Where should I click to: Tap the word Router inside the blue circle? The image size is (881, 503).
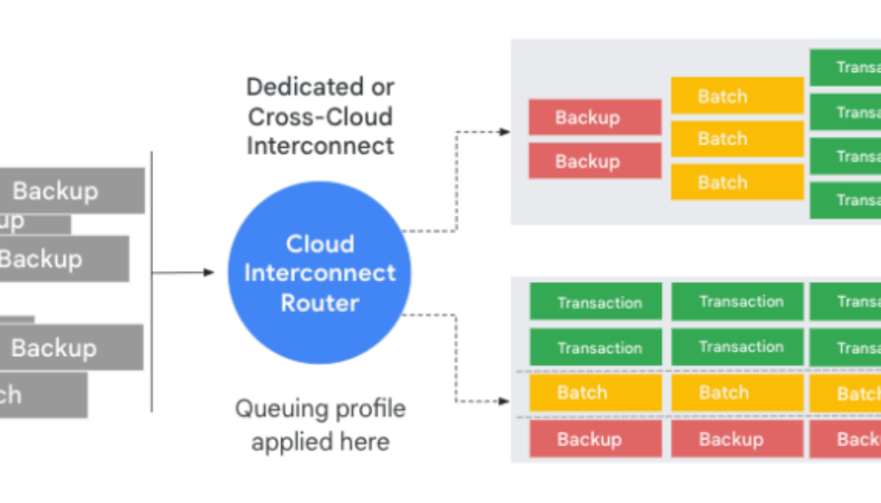(320, 303)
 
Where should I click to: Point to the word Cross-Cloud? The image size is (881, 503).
(320, 116)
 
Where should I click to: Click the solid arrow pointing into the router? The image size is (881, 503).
(206, 273)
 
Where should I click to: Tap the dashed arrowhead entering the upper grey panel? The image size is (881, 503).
(505, 132)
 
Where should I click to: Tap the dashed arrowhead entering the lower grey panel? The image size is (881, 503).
(505, 401)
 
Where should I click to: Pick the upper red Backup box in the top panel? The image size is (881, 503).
(595, 117)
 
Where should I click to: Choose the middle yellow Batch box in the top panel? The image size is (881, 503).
(737, 138)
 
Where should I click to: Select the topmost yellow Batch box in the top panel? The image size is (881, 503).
(737, 96)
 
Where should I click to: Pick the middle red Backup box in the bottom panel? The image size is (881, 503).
(737, 439)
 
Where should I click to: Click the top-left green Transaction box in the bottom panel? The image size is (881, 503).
(595, 302)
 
